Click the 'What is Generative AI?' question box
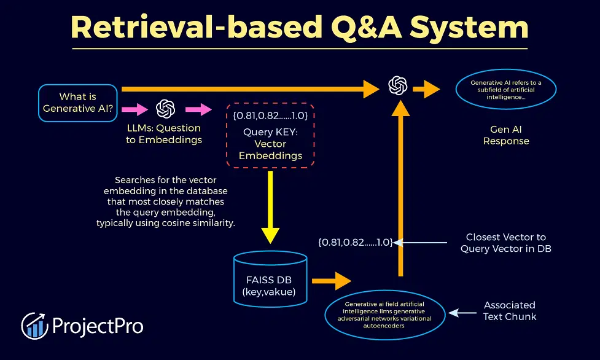click(77, 103)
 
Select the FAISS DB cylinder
click(270, 279)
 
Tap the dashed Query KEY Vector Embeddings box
click(270, 135)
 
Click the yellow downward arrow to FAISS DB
click(270, 207)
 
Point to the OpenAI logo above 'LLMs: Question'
click(166, 109)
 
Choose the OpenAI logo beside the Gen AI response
click(398, 85)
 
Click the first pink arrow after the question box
click(134, 109)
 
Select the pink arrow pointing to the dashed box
click(198, 109)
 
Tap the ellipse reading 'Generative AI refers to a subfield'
click(506, 90)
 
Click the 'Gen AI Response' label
click(506, 135)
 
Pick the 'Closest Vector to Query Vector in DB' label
click(506, 243)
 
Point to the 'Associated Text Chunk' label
click(510, 311)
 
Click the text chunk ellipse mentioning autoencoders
click(384, 315)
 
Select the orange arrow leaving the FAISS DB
click(332, 281)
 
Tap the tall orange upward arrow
click(400, 188)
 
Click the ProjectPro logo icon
click(34, 326)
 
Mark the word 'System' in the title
click(469, 27)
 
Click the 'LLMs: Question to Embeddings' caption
click(164, 134)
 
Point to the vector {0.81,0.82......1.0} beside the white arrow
click(356, 242)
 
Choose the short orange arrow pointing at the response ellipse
click(426, 89)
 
